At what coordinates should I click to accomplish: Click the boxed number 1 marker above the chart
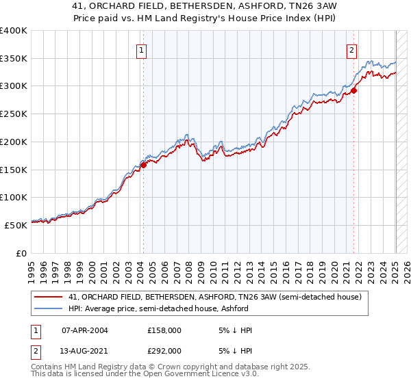pos(141,49)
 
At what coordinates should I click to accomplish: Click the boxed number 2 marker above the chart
pos(351,49)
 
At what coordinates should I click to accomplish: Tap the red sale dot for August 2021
pos(354,90)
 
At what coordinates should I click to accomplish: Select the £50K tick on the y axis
pos(16,225)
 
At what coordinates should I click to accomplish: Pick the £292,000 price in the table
pos(164,351)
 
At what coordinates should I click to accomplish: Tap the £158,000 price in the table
pos(164,330)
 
